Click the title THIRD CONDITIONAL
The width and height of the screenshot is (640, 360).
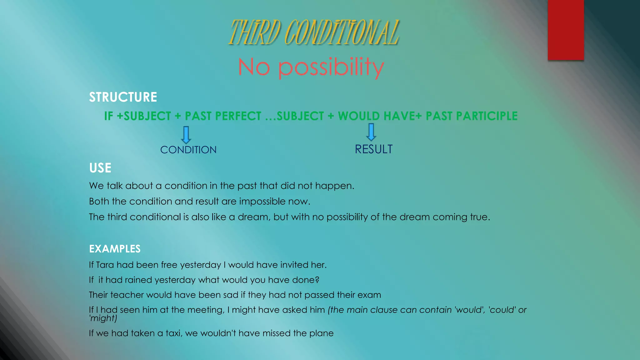[x=314, y=32]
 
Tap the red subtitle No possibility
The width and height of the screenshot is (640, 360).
[x=311, y=67]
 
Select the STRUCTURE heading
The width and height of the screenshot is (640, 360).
[x=123, y=97]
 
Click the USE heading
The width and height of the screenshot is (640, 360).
[x=100, y=168]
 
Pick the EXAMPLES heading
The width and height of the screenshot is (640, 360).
[x=115, y=249]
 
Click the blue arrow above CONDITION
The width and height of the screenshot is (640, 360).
[x=186, y=135]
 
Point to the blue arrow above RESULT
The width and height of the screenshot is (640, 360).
[x=371, y=132]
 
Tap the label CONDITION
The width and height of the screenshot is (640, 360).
[x=188, y=150]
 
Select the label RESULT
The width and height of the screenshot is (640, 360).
[x=373, y=149]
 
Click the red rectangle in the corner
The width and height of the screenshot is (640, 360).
[x=566, y=30]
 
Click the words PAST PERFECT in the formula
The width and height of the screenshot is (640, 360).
[x=223, y=116]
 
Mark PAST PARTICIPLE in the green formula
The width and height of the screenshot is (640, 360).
[x=472, y=116]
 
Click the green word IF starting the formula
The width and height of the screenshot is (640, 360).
[x=108, y=116]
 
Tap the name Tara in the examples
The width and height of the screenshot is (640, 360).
[x=105, y=265]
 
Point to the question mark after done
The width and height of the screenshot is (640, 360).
[x=317, y=280]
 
